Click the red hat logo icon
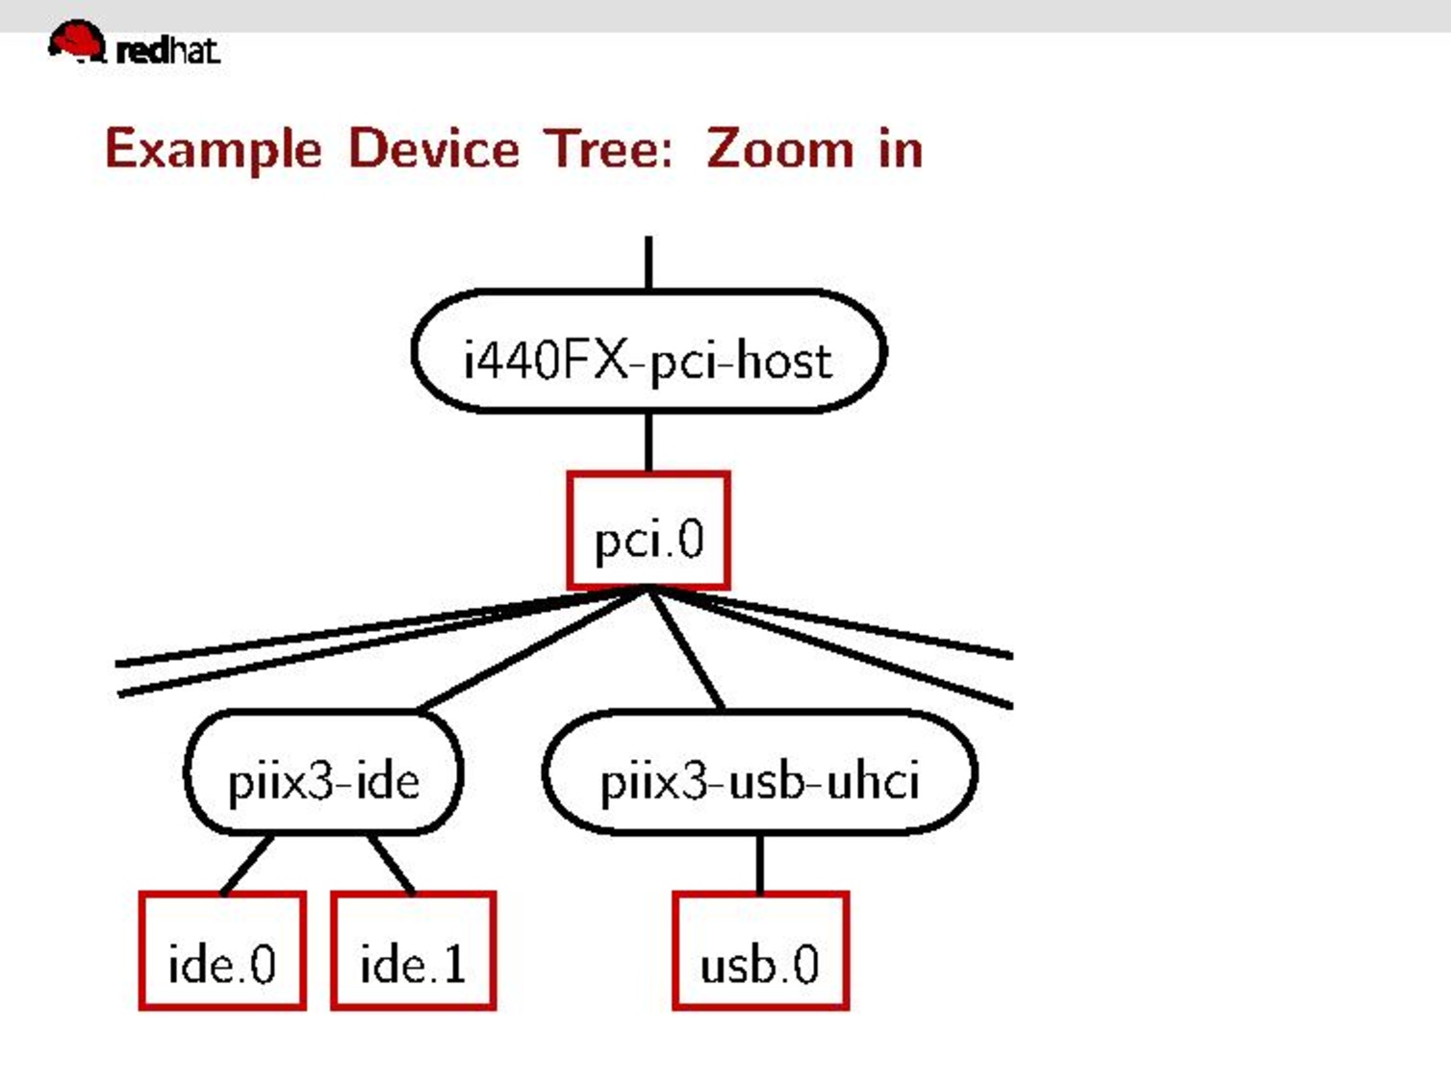pyautogui.click(x=76, y=41)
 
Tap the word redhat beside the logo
pyautogui.click(x=167, y=50)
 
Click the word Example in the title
pyautogui.click(x=213, y=150)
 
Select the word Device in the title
pyautogui.click(x=433, y=150)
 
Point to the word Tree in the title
pyautogui.click(x=608, y=150)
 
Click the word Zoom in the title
pyautogui.click(x=779, y=150)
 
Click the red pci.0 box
pyautogui.click(x=648, y=531)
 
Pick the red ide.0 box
pyautogui.click(x=222, y=950)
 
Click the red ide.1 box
pyautogui.click(x=413, y=950)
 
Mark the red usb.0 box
pyautogui.click(x=760, y=950)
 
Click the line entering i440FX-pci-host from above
pyautogui.click(x=649, y=263)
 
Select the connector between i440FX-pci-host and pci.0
pyautogui.click(x=649, y=442)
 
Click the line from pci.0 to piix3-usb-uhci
pyautogui.click(x=686, y=650)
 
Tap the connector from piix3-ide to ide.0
pyautogui.click(x=247, y=864)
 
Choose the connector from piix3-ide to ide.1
pyautogui.click(x=392, y=864)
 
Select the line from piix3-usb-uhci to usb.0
pyautogui.click(x=760, y=863)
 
